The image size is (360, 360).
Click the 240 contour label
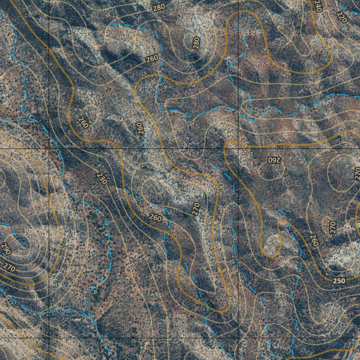(x=319, y=7)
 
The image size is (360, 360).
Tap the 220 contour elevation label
(x=341, y=17)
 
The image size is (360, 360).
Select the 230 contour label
(x=102, y=179)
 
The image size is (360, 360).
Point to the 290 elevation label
(x=6, y=249)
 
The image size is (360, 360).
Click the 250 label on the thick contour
(x=339, y=281)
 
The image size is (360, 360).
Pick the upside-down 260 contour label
(x=274, y=160)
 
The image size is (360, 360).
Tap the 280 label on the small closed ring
(x=196, y=43)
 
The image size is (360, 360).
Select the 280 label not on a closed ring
(x=159, y=7)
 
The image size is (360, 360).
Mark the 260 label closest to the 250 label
(x=314, y=240)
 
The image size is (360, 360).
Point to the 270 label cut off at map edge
(x=357, y=174)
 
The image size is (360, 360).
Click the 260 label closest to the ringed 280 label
(x=152, y=59)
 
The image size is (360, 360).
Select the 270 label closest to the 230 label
(x=196, y=209)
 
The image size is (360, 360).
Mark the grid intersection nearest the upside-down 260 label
(x=238, y=149)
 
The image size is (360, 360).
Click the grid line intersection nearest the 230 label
(x=49, y=149)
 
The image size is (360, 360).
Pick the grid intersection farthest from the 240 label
(x=49, y=338)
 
